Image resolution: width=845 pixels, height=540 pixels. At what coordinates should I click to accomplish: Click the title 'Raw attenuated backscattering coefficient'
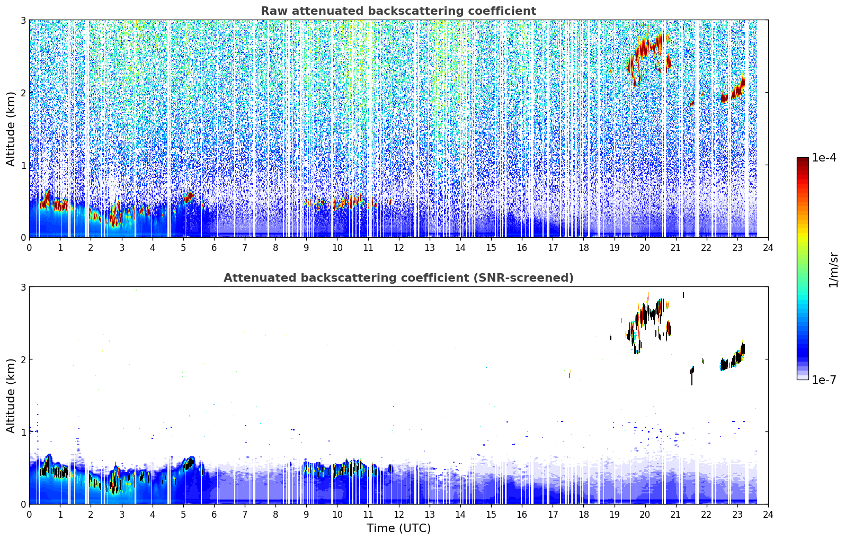tap(398, 11)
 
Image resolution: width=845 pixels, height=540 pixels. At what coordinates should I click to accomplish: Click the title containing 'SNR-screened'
tap(398, 277)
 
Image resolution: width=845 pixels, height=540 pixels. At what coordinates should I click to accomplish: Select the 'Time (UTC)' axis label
tap(398, 528)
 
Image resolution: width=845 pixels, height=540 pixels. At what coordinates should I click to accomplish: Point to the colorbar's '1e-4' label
tap(824, 157)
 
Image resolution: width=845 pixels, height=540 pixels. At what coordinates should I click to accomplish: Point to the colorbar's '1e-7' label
tap(824, 380)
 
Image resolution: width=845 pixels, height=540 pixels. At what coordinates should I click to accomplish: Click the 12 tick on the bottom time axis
tap(399, 514)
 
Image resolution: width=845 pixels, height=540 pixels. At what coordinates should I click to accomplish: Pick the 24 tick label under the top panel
tap(768, 247)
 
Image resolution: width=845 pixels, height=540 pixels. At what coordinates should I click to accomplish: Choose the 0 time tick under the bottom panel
tap(30, 514)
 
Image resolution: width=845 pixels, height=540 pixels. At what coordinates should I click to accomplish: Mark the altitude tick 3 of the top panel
tap(23, 20)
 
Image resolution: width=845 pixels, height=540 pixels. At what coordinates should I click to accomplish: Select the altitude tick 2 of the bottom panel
tap(23, 359)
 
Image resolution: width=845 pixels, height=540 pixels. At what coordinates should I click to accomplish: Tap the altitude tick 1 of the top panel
tap(23, 165)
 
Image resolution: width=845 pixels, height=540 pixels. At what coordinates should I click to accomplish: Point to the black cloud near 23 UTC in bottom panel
tap(733, 358)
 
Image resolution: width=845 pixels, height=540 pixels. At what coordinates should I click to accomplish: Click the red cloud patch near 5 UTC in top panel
tap(189, 197)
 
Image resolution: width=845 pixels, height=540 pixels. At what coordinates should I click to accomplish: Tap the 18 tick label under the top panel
tap(584, 247)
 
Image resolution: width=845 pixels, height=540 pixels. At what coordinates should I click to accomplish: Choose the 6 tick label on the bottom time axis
tap(214, 514)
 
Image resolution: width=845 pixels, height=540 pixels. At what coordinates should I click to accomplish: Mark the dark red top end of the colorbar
tap(803, 159)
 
